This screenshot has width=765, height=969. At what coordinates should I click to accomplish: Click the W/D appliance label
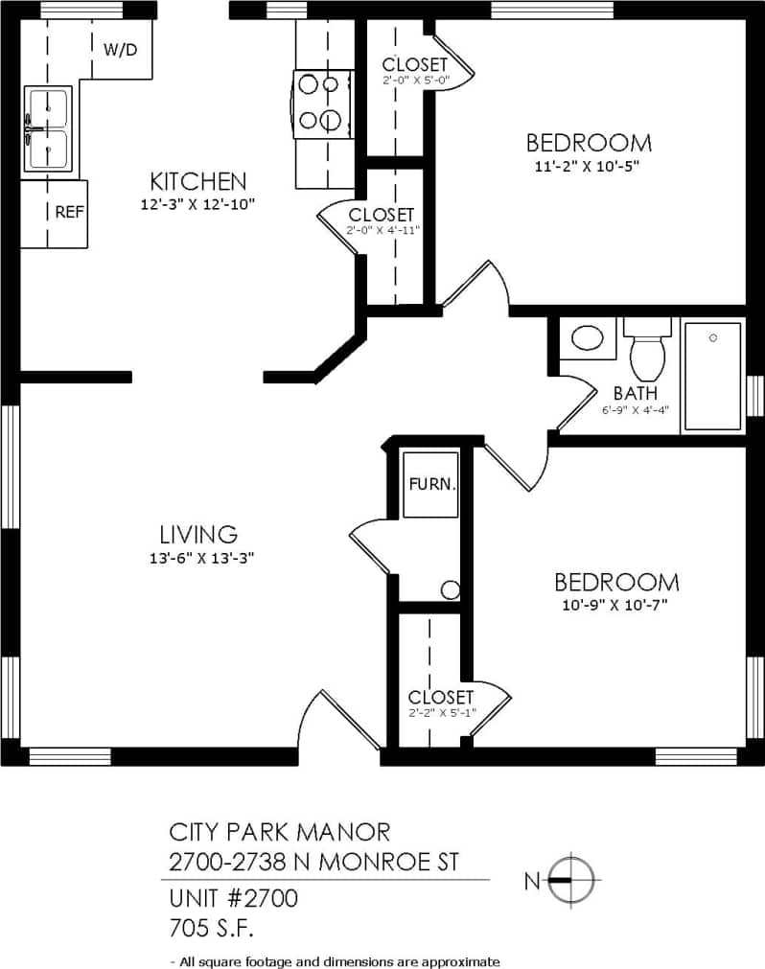121,49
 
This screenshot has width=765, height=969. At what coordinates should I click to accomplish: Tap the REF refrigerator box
68,213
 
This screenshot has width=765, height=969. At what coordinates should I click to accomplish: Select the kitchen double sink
48,129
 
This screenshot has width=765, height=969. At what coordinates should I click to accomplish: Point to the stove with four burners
318,101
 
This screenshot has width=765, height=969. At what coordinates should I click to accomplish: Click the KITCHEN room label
198,180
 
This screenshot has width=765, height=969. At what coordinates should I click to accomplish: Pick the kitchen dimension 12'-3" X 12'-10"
198,203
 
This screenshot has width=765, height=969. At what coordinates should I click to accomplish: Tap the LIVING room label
198,534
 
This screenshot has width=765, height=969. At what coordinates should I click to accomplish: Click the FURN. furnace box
430,484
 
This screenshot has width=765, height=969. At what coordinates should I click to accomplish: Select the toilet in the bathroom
647,353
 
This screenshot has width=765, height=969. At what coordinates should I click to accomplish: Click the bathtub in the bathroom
712,376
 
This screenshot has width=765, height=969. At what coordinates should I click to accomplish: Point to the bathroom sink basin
587,338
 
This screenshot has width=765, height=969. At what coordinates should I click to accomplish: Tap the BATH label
636,392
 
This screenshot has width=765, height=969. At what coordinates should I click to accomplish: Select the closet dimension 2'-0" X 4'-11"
382,230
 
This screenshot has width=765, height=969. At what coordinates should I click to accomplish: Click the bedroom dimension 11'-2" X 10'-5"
588,165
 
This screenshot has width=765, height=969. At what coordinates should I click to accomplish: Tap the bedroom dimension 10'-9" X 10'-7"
615,605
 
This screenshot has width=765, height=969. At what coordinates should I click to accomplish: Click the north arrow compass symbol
571,879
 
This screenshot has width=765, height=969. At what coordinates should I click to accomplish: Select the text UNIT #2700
233,898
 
